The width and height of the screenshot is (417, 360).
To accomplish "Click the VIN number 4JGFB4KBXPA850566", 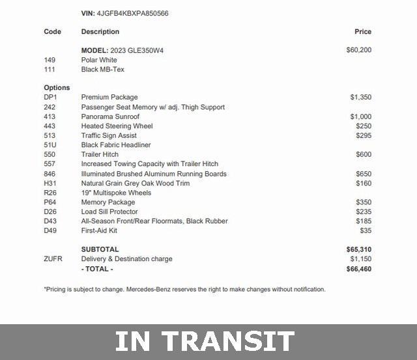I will click(x=133, y=13).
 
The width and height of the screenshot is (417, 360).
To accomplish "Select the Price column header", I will click(x=363, y=31).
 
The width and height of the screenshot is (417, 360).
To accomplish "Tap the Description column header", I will click(x=100, y=31).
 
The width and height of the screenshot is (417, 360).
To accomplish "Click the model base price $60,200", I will click(x=359, y=50).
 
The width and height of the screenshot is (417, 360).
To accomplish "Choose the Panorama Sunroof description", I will click(x=110, y=117).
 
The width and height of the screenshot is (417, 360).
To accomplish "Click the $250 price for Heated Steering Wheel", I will click(x=364, y=126).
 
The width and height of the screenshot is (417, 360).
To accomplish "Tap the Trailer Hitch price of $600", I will click(x=364, y=155).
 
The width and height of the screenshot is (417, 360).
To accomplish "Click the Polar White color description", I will click(x=98, y=60).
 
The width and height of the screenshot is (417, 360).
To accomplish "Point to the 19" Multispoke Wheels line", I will click(x=116, y=193).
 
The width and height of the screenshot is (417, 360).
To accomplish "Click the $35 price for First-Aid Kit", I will click(x=366, y=231).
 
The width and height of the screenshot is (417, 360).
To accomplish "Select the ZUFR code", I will click(x=53, y=259).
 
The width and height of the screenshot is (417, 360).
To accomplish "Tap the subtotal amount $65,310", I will click(x=359, y=249).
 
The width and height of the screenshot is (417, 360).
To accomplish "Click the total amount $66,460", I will click(x=359, y=269).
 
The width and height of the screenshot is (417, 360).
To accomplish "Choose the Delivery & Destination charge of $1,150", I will click(x=360, y=259).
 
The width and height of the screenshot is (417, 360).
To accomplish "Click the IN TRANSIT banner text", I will click(x=205, y=342).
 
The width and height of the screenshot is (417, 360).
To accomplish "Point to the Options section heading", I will click(x=57, y=88).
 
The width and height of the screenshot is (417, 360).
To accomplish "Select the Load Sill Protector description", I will click(x=109, y=212).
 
